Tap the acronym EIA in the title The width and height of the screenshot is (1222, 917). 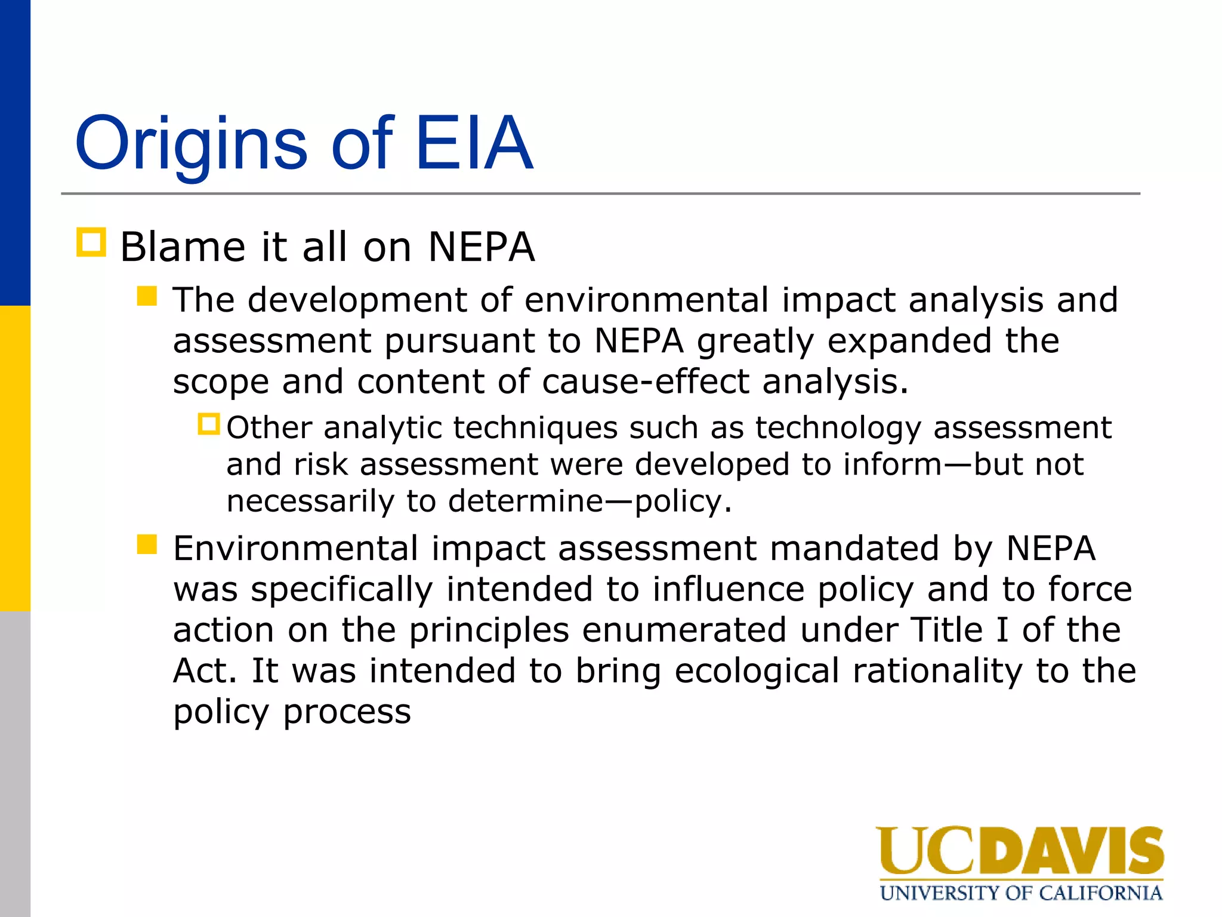tap(473, 143)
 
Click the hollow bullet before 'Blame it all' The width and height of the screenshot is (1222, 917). tap(91, 242)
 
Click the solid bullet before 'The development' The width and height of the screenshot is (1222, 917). tap(147, 296)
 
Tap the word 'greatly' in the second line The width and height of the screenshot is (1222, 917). tap(755, 341)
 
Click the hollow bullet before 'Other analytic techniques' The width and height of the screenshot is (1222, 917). tap(209, 424)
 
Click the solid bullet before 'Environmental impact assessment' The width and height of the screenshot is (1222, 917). tap(147, 544)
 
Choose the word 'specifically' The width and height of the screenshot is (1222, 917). tap(341, 589)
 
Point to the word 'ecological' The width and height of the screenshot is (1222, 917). tap(757, 670)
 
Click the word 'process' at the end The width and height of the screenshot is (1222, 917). tap(347, 712)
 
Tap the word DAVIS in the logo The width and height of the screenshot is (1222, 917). tap(1070, 851)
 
